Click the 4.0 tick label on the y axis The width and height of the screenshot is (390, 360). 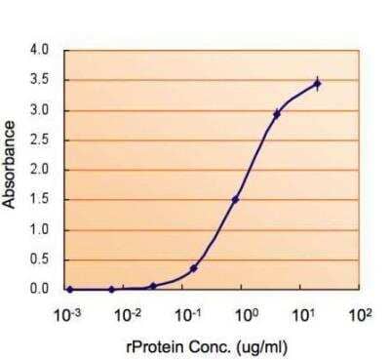click(40, 49)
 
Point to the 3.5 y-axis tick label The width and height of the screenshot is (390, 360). click(40, 79)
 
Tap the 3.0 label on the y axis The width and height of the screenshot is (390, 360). click(40, 109)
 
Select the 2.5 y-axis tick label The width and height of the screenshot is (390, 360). click(40, 140)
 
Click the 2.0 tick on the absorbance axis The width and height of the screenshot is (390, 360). click(40, 170)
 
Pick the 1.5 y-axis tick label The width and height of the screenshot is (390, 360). click(40, 200)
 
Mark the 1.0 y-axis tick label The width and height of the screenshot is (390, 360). click(40, 230)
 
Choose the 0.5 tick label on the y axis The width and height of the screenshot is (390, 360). click(40, 260)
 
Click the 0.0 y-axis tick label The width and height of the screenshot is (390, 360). click(40, 290)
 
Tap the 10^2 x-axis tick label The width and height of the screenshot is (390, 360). click(362, 314)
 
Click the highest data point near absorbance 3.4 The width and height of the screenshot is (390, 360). click(317, 84)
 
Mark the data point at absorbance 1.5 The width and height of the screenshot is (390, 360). click(235, 200)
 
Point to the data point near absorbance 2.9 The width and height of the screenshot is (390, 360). click(277, 114)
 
